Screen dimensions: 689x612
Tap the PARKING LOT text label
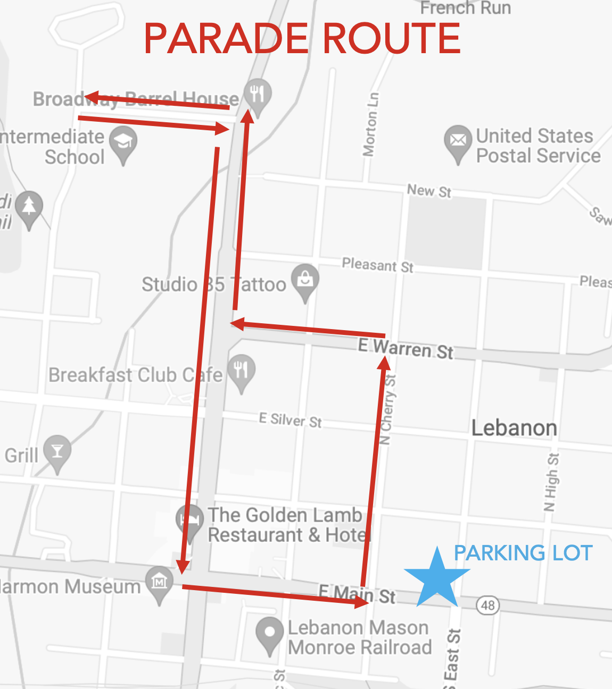point(523,553)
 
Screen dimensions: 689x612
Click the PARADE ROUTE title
point(302,39)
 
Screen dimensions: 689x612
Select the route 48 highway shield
point(487,605)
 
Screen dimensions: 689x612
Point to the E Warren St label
point(406,349)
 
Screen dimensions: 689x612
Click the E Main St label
point(357,593)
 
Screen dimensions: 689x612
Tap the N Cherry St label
point(388,409)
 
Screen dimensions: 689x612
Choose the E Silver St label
point(290,421)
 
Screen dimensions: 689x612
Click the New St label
point(429,191)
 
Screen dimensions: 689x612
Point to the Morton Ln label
point(371,124)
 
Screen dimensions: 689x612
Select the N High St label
point(551,482)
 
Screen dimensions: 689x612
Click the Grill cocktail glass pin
point(57,451)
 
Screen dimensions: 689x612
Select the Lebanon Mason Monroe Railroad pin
point(269,633)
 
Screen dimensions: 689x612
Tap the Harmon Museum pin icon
point(160,582)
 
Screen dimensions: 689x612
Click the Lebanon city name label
point(514,428)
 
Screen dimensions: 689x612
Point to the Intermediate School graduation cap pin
point(123,142)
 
